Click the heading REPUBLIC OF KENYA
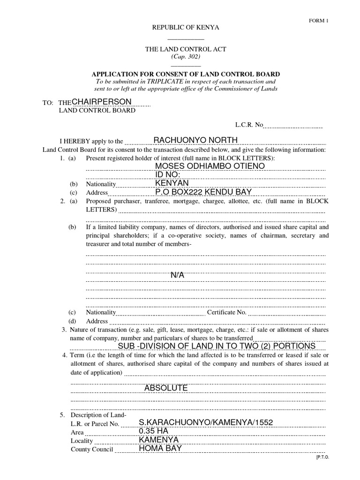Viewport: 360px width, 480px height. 185,28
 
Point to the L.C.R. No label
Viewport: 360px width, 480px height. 249,125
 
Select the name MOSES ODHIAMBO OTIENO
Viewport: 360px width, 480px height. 210,166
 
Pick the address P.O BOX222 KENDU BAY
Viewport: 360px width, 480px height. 203,192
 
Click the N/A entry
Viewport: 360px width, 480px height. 178,275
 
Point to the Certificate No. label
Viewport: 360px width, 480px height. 226,312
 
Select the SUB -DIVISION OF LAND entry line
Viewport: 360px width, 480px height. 217,346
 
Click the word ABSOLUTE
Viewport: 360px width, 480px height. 166,388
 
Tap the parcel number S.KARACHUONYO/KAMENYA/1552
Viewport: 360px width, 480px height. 206,423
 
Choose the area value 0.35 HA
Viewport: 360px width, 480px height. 153,431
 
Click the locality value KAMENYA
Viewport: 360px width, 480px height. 158,440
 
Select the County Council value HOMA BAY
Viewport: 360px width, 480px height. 160,448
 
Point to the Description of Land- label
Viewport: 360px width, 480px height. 98,415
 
